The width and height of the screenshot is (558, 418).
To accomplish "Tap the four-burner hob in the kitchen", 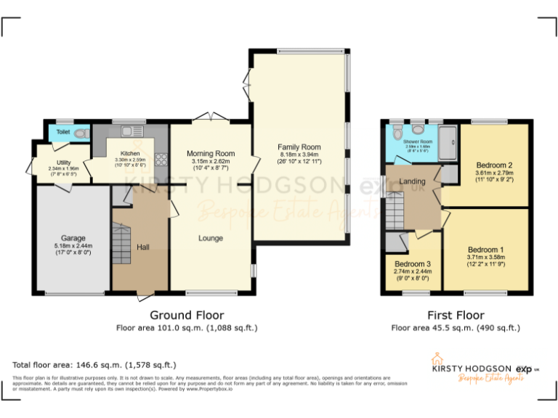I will tap(161, 161).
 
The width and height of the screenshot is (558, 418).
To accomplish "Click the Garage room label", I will tap(73, 238).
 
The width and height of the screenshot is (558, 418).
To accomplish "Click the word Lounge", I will tap(211, 238).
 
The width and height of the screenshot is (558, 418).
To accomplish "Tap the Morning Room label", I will tap(211, 153).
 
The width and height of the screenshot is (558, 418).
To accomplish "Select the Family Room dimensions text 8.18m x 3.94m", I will tap(299, 155).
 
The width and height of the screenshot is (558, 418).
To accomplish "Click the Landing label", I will tap(412, 182).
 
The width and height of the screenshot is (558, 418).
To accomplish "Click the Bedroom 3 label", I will tap(413, 263).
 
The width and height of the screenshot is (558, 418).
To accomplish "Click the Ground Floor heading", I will tap(187, 315).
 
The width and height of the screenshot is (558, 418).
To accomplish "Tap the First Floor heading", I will tap(455, 315).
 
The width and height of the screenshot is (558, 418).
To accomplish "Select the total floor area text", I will tap(94, 364).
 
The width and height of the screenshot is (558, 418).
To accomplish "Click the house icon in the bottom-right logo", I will tap(437, 358).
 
